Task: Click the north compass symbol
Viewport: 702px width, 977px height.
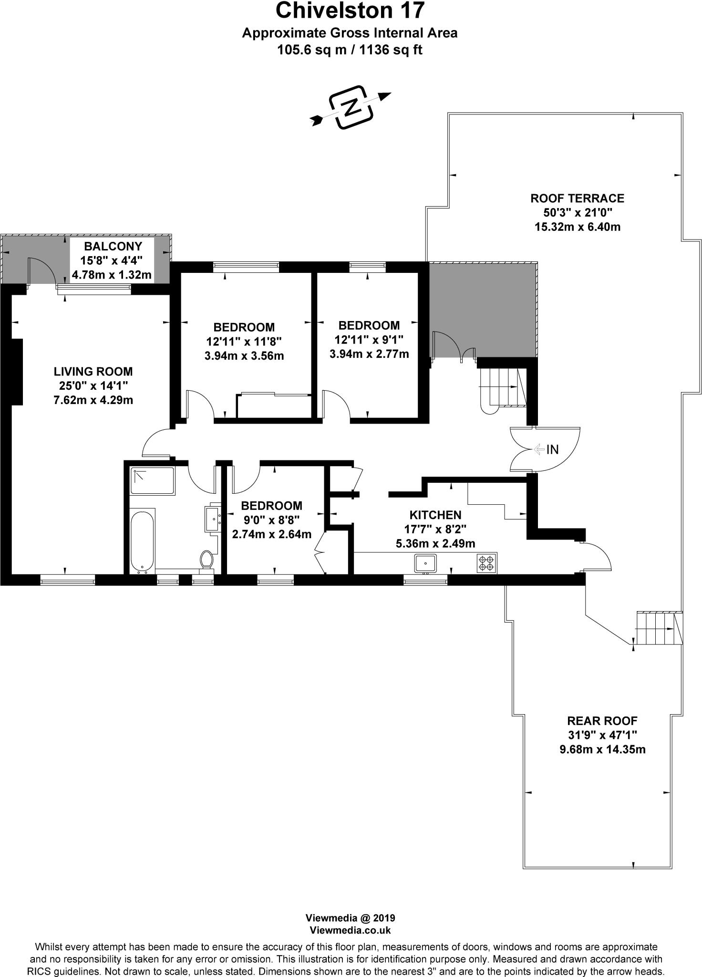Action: tap(351, 108)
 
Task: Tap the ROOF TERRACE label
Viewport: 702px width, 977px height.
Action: tap(577, 198)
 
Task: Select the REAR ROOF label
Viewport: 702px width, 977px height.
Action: tap(602, 721)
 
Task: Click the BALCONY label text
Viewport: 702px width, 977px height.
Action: tap(113, 246)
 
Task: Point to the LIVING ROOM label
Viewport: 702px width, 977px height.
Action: tap(93, 371)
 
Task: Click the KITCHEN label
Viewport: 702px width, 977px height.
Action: tap(435, 515)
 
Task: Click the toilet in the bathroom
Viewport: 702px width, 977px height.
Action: tap(207, 559)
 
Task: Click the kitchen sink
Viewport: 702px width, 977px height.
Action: tap(425, 563)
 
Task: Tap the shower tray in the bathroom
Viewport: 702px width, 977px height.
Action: tap(153, 480)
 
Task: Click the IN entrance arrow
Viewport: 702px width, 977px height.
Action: tap(539, 449)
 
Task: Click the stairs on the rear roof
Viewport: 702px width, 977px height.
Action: tap(657, 629)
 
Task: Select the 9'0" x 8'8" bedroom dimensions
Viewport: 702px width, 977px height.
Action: tap(271, 520)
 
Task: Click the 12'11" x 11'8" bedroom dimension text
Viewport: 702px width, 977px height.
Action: tap(244, 342)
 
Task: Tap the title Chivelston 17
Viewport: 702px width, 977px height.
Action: tap(350, 10)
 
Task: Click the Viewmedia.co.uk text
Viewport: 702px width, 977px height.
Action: tap(350, 930)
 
